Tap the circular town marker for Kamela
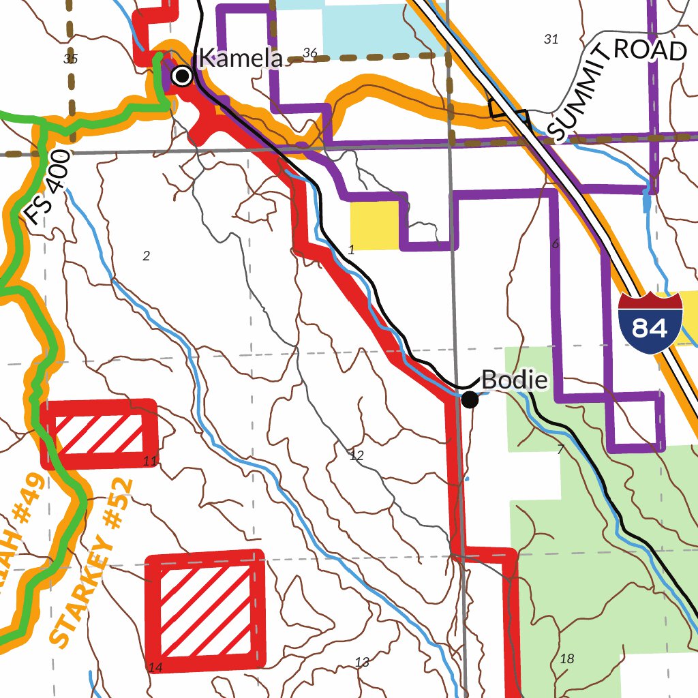click(182, 76)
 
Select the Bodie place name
click(515, 380)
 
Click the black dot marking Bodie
click(470, 399)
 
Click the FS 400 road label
click(47, 187)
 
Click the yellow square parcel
click(374, 226)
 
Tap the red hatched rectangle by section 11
click(99, 435)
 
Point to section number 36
click(310, 53)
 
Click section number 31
click(551, 40)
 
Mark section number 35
click(70, 59)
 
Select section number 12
click(356, 456)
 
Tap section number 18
click(566, 658)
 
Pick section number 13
click(362, 662)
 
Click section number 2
click(146, 256)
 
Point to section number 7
click(560, 450)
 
